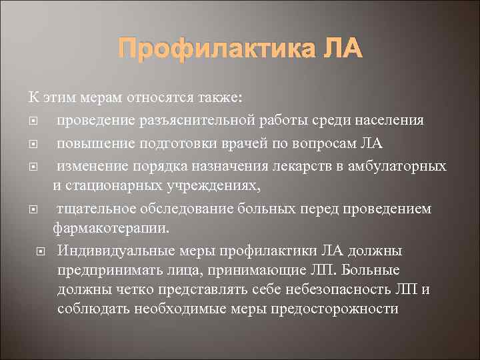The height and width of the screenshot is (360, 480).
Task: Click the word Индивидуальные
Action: (x=113, y=251)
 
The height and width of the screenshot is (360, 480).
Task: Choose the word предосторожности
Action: (x=329, y=309)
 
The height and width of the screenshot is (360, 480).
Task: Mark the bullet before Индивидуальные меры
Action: (x=40, y=252)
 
